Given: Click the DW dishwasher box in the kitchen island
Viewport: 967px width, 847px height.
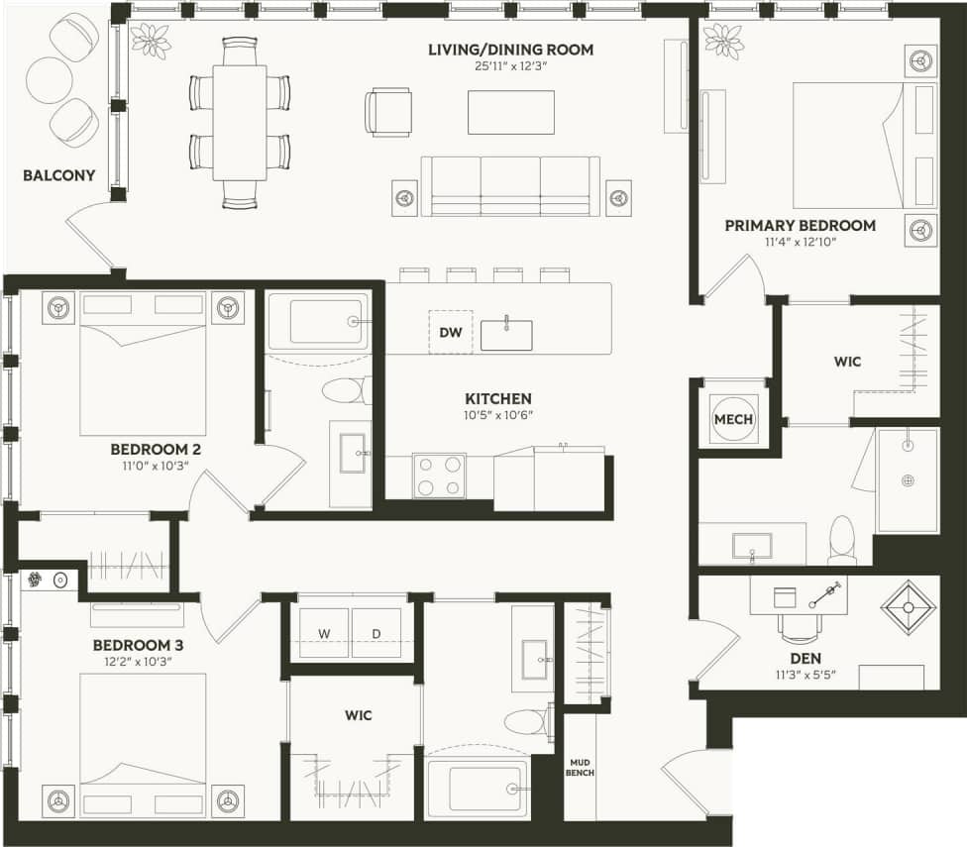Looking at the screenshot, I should pos(451,332).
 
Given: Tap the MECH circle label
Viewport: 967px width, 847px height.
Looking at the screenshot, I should pos(734,419).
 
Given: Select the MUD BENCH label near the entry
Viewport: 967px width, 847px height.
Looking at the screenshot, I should pos(581,767).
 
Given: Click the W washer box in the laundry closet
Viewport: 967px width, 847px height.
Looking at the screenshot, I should pos(325,633).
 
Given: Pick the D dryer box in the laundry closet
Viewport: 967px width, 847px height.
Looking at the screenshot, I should pos(376,633).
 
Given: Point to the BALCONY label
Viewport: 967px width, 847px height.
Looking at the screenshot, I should pos(59,176).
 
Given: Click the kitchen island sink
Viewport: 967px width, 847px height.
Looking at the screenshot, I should pos(506,334).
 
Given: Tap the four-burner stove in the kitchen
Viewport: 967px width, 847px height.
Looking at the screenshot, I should pos(439,475).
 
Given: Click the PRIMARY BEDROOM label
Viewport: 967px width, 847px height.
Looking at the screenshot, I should pos(800,226).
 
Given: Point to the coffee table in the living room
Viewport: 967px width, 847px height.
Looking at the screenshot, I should pos(511,112).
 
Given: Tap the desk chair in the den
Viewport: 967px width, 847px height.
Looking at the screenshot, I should pos(800,628).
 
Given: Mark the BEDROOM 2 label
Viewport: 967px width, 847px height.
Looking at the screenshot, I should pos(157,449).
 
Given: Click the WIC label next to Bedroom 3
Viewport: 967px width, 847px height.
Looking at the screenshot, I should pos(359,715).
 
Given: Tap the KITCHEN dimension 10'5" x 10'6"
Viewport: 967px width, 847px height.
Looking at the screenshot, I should pos(498,415).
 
